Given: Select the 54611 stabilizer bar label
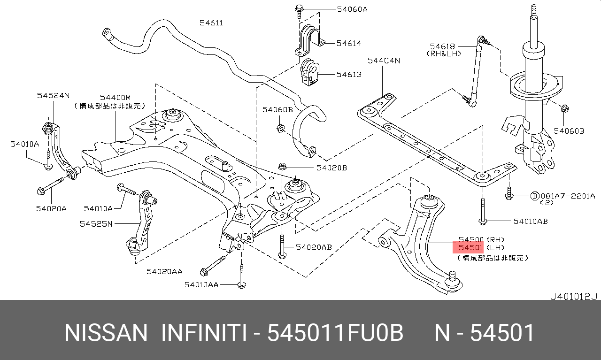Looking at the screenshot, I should point(211,23).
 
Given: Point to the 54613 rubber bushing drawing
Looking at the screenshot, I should point(308,73).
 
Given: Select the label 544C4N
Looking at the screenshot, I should point(384,60).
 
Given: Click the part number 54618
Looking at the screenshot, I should point(442,46).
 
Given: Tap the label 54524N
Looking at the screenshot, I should point(53,95).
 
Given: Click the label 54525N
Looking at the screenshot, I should point(96,224).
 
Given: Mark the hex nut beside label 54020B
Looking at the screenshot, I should point(282,167).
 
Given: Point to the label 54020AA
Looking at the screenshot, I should point(164,271).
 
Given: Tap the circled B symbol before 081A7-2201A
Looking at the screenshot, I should point(534,196).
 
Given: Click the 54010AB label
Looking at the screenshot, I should point(530,221).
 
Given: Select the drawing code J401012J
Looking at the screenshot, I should point(573,296).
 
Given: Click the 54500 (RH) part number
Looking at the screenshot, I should point(471,239).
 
